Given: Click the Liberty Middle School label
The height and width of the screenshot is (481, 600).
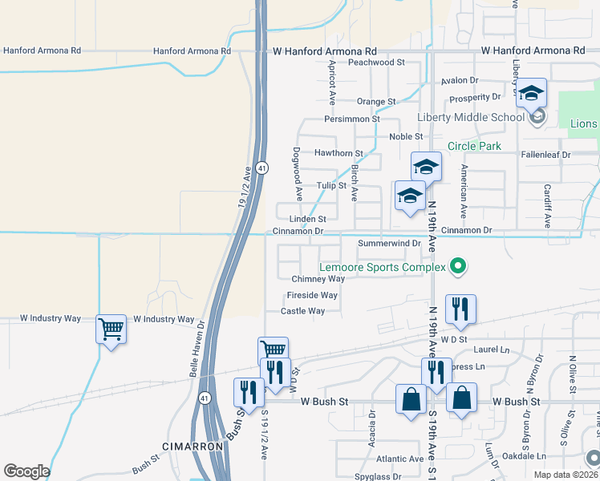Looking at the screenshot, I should coord(470,118).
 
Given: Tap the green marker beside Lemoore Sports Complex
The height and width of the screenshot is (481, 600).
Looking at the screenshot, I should coord(458,266).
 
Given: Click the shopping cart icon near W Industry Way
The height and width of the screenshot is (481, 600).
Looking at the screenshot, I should coord(111,329).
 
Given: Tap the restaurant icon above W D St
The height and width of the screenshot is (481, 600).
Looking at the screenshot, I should coord(460,309).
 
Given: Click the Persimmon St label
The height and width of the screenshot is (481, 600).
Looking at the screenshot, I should coord(351,119).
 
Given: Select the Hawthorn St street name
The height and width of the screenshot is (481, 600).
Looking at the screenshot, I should coord(339,152).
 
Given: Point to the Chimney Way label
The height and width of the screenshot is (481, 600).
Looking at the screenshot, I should coord(318,279).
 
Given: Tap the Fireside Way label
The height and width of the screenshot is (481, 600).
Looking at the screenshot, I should coord(312,295).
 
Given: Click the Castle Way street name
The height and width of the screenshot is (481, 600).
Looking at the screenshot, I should coord(302,311).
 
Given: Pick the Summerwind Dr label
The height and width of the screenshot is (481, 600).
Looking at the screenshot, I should coord(389,242).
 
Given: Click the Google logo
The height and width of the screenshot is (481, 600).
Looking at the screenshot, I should coord(26,471).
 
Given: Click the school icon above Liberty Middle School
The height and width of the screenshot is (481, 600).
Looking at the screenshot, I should coord(530,93).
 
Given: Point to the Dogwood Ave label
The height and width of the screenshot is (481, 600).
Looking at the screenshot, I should coord(297,168).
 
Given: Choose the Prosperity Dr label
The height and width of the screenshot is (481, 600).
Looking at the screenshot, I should coord(475,97).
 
